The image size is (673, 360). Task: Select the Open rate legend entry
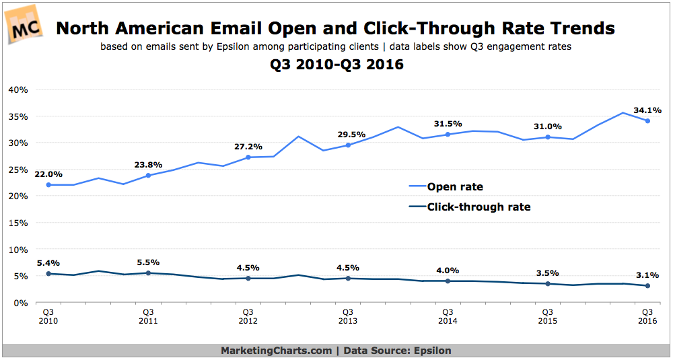pos(455,187)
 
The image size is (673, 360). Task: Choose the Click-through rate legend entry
pos(479,207)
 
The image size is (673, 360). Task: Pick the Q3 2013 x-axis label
pos(347,316)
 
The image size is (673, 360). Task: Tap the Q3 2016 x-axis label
pos(647,316)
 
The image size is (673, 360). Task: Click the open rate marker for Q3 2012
pos(248,157)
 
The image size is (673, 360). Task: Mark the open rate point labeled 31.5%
pos(447,135)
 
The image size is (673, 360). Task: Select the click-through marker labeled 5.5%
pos(148,273)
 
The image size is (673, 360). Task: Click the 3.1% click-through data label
pos(646,275)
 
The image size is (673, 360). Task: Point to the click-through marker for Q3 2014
pos(447,281)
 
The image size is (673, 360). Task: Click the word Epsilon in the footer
pos(431,351)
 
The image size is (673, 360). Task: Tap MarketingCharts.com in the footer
pos(276,351)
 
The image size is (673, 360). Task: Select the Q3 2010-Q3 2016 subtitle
pos(336,66)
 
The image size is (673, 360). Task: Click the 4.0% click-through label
pos(447,270)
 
